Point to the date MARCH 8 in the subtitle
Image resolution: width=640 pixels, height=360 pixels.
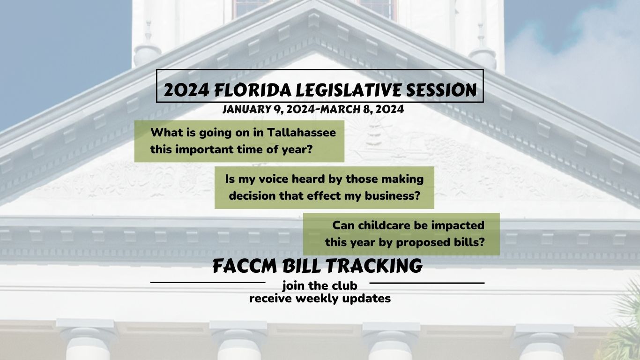[350, 110]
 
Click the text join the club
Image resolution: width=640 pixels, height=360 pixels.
[320, 285]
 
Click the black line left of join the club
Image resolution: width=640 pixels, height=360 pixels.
[208, 283]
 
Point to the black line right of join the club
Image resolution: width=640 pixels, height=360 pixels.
[427, 283]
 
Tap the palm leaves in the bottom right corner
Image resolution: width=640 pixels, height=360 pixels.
[625, 328]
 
